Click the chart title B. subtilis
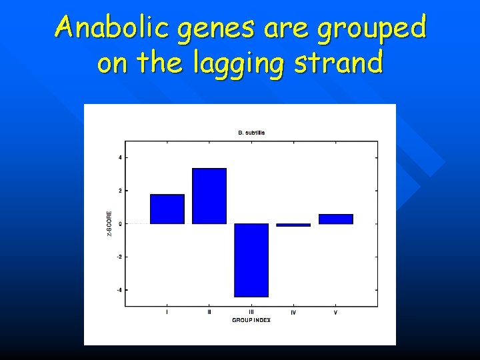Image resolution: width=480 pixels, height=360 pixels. [x=251, y=133]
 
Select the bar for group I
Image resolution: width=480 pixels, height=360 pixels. [x=167, y=209]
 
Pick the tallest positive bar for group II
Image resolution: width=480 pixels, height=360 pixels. [x=209, y=196]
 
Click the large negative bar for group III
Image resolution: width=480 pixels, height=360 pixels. [x=251, y=260]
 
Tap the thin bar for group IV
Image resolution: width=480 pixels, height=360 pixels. [x=293, y=225]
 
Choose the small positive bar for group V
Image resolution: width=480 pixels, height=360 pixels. [x=335, y=219]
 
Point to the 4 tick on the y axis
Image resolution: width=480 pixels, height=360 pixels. [x=120, y=157]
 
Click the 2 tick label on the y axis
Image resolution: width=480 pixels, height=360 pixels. [x=120, y=191]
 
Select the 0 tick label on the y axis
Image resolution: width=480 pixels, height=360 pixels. [x=120, y=224]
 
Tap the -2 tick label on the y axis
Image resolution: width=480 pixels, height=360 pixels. [x=119, y=257]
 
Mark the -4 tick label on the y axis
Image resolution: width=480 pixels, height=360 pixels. [x=119, y=290]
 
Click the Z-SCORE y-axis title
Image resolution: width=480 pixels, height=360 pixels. [x=109, y=223]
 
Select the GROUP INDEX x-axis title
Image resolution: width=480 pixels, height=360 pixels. [x=251, y=321]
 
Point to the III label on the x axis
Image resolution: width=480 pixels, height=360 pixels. [x=251, y=312]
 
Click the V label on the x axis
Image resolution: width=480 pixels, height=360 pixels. [x=335, y=312]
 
